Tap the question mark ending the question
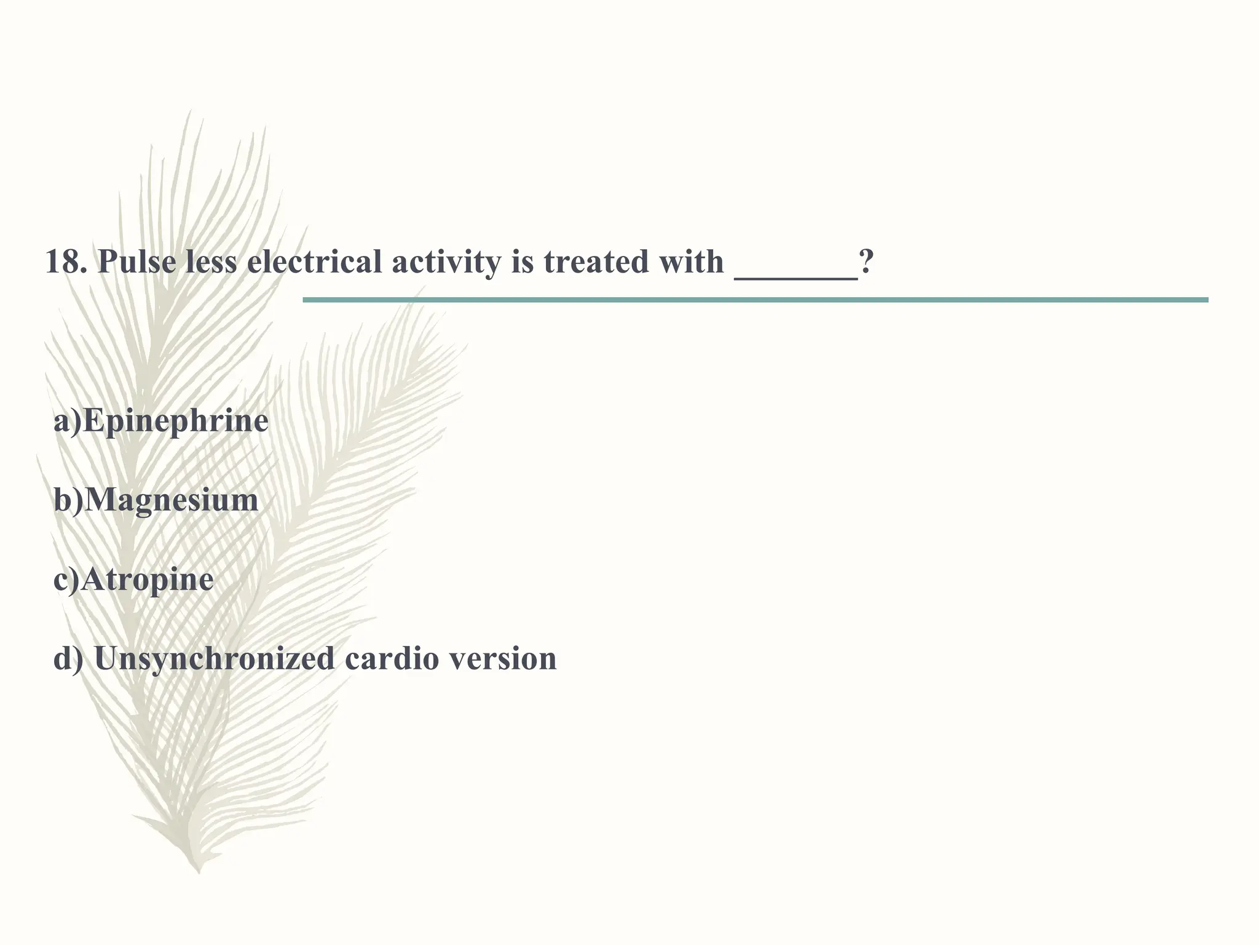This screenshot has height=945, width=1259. click(x=866, y=261)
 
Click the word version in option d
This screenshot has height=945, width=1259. click(x=503, y=658)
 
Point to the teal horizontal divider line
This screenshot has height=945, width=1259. click(x=755, y=300)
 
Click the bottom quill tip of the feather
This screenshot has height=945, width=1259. click(x=198, y=871)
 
